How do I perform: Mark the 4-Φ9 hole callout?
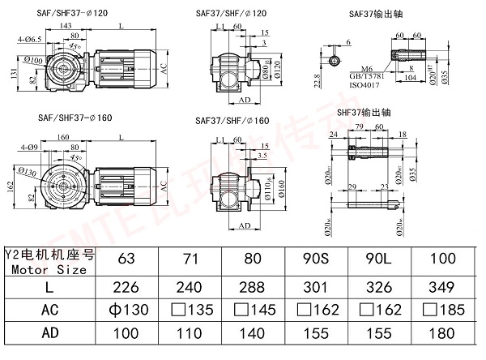coord(27,146)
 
